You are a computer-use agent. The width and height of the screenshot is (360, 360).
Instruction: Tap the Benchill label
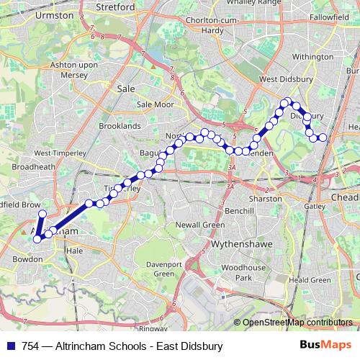point(239,212)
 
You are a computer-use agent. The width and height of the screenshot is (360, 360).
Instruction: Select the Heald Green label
point(309,279)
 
